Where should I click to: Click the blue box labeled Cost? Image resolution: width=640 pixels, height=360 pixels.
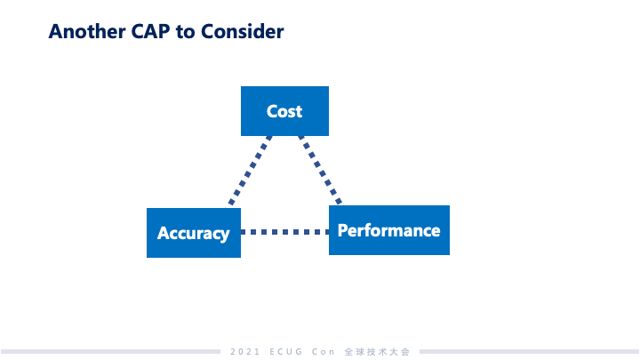(x=284, y=111)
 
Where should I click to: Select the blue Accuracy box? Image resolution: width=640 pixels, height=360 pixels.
(x=193, y=233)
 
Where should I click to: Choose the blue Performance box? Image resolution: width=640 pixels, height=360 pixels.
(x=388, y=230)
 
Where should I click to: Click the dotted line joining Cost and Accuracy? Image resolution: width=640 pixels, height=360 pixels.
(x=250, y=171)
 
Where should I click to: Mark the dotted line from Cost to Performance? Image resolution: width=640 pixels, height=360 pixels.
(x=321, y=171)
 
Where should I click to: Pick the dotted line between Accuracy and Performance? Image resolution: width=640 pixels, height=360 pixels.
(x=284, y=232)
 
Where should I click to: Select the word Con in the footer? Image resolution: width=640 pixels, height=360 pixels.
(x=324, y=352)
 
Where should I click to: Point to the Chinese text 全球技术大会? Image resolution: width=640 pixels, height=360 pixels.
(x=377, y=352)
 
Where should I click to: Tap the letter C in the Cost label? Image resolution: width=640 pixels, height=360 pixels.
(x=272, y=111)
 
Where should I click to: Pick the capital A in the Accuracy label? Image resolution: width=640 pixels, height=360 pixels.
(x=164, y=234)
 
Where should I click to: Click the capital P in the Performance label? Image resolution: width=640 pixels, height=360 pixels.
(x=344, y=230)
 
